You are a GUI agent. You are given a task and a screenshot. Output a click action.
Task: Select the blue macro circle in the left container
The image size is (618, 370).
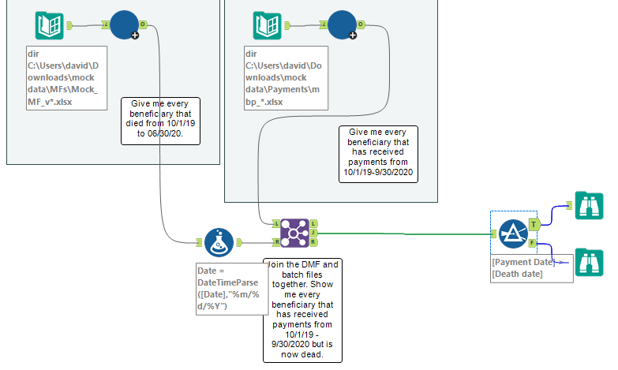pyautogui.click(x=124, y=24)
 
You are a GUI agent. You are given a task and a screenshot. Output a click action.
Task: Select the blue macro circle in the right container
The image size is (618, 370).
pyautogui.click(x=342, y=24)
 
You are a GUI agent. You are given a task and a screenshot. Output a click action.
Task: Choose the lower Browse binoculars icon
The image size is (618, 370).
pyautogui.click(x=590, y=261)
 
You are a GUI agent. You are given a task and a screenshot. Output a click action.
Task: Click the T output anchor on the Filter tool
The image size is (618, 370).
pyautogui.click(x=533, y=224)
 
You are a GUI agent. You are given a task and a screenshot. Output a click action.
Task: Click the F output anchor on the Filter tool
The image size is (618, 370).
pyautogui.click(x=533, y=242)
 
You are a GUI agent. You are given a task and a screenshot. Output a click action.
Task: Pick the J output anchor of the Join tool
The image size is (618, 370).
pyautogui.click(x=314, y=233)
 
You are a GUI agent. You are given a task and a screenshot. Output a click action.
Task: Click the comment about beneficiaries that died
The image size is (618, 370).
pyautogui.click(x=160, y=121)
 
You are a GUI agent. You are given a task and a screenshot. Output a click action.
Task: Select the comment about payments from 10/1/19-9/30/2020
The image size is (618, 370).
pyautogui.click(x=378, y=152)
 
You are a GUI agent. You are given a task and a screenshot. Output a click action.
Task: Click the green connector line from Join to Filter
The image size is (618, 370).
pyautogui.click(x=403, y=233)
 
